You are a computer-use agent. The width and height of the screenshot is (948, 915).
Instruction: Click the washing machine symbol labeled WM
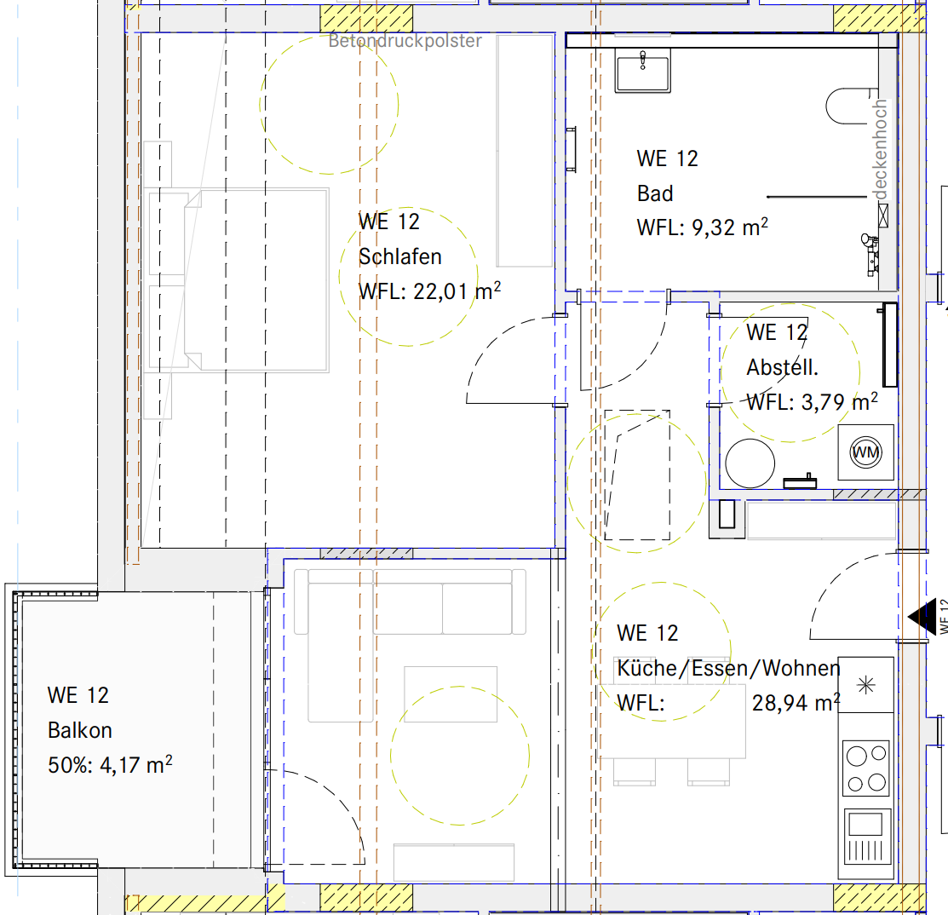click(x=866, y=452)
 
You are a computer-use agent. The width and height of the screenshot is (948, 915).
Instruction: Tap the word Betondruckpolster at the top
click(x=405, y=41)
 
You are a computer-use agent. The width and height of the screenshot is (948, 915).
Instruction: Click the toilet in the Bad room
click(x=847, y=106)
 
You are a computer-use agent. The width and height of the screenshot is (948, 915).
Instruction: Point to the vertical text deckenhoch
click(x=881, y=150)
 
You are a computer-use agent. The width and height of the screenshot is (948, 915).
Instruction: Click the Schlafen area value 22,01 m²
click(x=457, y=292)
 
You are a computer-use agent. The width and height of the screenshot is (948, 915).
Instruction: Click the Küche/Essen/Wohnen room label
click(x=728, y=669)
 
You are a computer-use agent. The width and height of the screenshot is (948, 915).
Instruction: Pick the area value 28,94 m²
click(x=796, y=703)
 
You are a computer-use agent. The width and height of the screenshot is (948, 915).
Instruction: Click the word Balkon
click(x=80, y=730)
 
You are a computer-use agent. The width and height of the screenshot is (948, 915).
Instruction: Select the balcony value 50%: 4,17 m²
click(x=110, y=765)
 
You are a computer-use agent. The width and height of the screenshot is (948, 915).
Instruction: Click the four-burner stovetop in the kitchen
click(x=866, y=768)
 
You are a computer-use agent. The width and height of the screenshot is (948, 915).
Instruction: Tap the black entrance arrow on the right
click(x=920, y=614)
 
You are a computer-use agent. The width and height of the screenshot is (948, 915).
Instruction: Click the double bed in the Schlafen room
click(x=238, y=280)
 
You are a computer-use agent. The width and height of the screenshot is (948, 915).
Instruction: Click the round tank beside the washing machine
click(x=750, y=463)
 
